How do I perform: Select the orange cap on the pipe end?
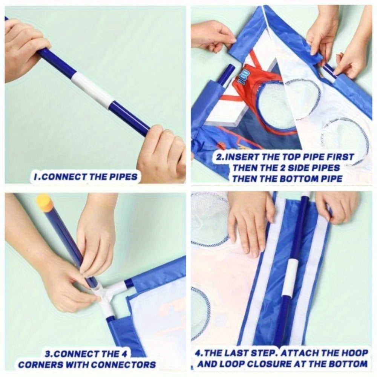[45, 202]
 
